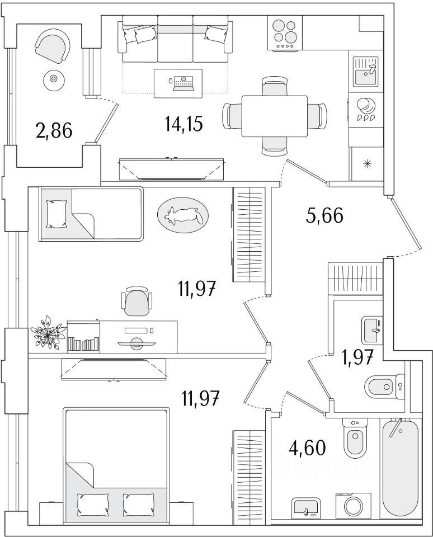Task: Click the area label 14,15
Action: [183, 123]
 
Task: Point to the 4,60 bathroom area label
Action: [307, 447]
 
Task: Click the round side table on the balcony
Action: [53, 80]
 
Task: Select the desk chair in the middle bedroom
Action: [137, 302]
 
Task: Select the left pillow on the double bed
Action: [92, 505]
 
